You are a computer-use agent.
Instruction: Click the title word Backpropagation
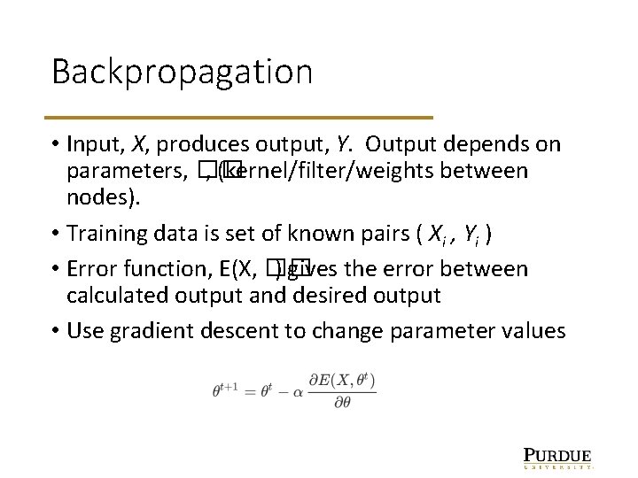[x=182, y=72]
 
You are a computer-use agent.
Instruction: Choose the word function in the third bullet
[x=166, y=269]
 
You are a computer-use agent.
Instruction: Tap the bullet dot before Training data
[x=55, y=234]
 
